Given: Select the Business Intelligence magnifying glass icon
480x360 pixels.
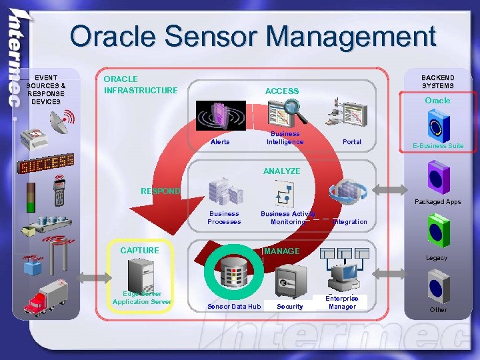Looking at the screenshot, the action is pyautogui.click(x=288, y=113).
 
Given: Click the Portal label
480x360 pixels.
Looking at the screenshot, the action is pyautogui.click(x=351, y=142).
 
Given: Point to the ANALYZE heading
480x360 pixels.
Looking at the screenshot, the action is pyautogui.click(x=281, y=171).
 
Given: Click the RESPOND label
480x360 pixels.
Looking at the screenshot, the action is pyautogui.click(x=160, y=191).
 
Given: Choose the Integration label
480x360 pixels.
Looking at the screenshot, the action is pyautogui.click(x=349, y=221).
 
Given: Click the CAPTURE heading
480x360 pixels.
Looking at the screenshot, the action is pyautogui.click(x=139, y=251).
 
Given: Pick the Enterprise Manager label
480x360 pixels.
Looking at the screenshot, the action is pyautogui.click(x=342, y=303).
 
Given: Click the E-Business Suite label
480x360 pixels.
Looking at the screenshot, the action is pyautogui.click(x=438, y=146).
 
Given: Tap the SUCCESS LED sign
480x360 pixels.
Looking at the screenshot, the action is pyautogui.click(x=46, y=163).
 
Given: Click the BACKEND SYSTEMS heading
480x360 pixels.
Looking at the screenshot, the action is pyautogui.click(x=437, y=81).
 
